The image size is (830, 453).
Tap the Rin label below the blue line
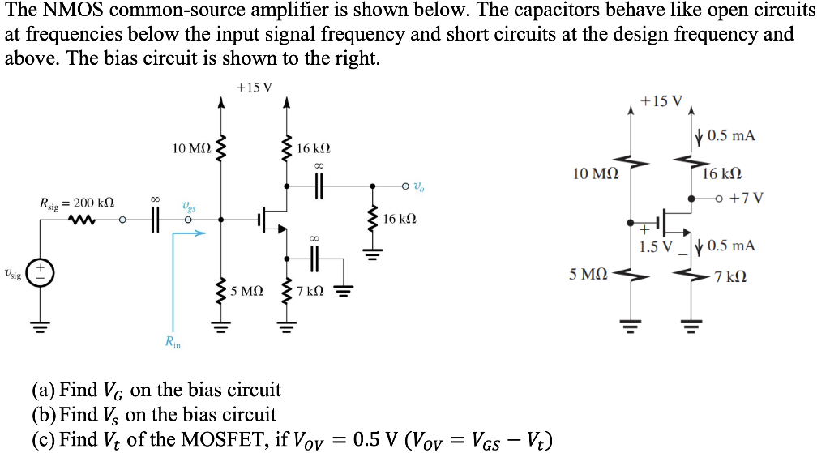[173, 344]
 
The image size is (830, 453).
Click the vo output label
[418, 187]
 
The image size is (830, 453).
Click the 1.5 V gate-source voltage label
[654, 246]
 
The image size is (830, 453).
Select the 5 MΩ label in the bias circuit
[588, 275]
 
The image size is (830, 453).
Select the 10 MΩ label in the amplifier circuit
[193, 148]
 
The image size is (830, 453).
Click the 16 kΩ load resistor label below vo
[400, 219]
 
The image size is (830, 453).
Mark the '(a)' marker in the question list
[44, 391]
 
